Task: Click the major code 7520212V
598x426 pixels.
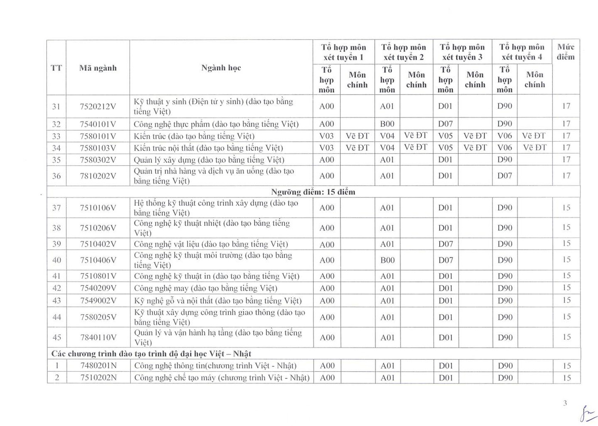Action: click(98, 106)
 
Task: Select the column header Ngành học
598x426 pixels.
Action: click(221, 68)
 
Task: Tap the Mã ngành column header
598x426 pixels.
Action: click(98, 68)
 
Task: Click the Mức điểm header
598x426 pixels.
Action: click(566, 52)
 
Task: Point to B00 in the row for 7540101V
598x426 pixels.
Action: click(387, 124)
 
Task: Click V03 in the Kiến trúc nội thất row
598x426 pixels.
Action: click(327, 148)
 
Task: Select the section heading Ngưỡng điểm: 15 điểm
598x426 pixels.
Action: click(313, 192)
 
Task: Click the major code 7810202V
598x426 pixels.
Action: click(98, 176)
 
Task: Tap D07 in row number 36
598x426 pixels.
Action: click(505, 176)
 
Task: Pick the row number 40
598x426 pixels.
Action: click(56, 260)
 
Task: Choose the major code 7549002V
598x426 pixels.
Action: click(98, 300)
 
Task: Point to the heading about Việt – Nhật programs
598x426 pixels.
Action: click(151, 354)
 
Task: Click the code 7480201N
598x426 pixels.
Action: click(99, 366)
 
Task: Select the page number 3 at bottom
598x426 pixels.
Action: click(565, 403)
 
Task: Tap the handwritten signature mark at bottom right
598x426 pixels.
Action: click(586, 414)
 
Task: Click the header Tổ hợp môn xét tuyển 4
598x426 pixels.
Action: click(522, 52)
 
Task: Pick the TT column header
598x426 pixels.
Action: click(56, 68)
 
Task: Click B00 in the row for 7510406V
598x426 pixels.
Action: click(387, 260)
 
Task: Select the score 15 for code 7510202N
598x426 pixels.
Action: click(567, 378)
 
